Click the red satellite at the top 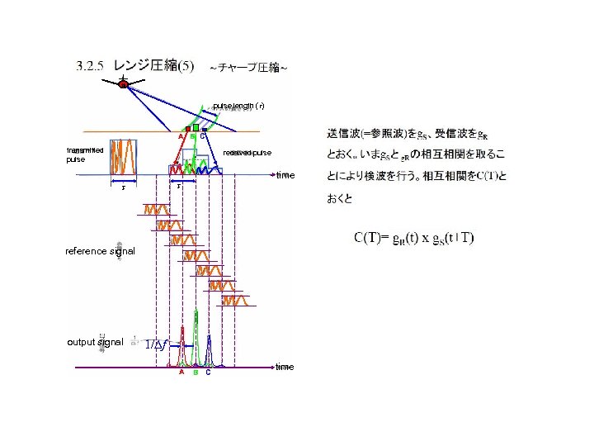pos(123,83)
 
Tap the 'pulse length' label pos(238,106)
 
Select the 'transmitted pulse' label pos(85,154)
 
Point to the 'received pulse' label pos(247,153)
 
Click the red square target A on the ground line pos(188,130)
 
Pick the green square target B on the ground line pos(196,128)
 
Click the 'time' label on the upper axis pos(285,175)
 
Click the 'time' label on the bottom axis pos(285,367)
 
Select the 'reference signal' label pos(100,251)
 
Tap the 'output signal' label pos(95,342)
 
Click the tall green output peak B pos(196,339)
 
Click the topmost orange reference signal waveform pos(156,209)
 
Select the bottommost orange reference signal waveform pos(235,300)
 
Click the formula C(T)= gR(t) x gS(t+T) pos(414,239)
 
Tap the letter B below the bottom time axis pos(196,372)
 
